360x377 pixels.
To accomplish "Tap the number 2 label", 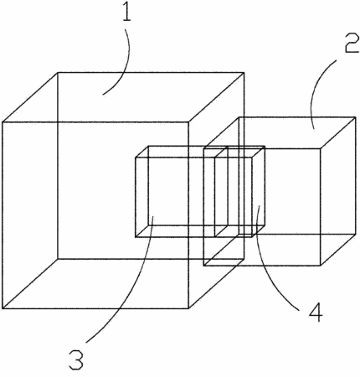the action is [x=352, y=44].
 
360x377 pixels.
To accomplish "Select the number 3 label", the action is [x=76, y=360].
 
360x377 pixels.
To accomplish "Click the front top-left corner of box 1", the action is [x=3, y=122].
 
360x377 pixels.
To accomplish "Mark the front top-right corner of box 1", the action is [x=189, y=122].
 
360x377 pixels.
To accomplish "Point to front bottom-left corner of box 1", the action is [x=3, y=308].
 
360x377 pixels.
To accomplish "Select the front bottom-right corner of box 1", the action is [x=189, y=308].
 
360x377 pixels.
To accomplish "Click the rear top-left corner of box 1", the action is [x=58, y=73].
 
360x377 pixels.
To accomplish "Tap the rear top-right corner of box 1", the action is [x=244, y=73].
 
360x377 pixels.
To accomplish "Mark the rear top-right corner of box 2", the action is [x=356, y=117].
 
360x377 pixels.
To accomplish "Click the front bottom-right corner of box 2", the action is [x=321, y=266].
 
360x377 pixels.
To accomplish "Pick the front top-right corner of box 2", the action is [x=321, y=148].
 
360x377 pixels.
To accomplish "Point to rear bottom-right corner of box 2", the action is [x=356, y=234].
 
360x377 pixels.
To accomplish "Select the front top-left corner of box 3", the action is [x=136, y=158].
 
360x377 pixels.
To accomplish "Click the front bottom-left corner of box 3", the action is [x=136, y=237].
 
